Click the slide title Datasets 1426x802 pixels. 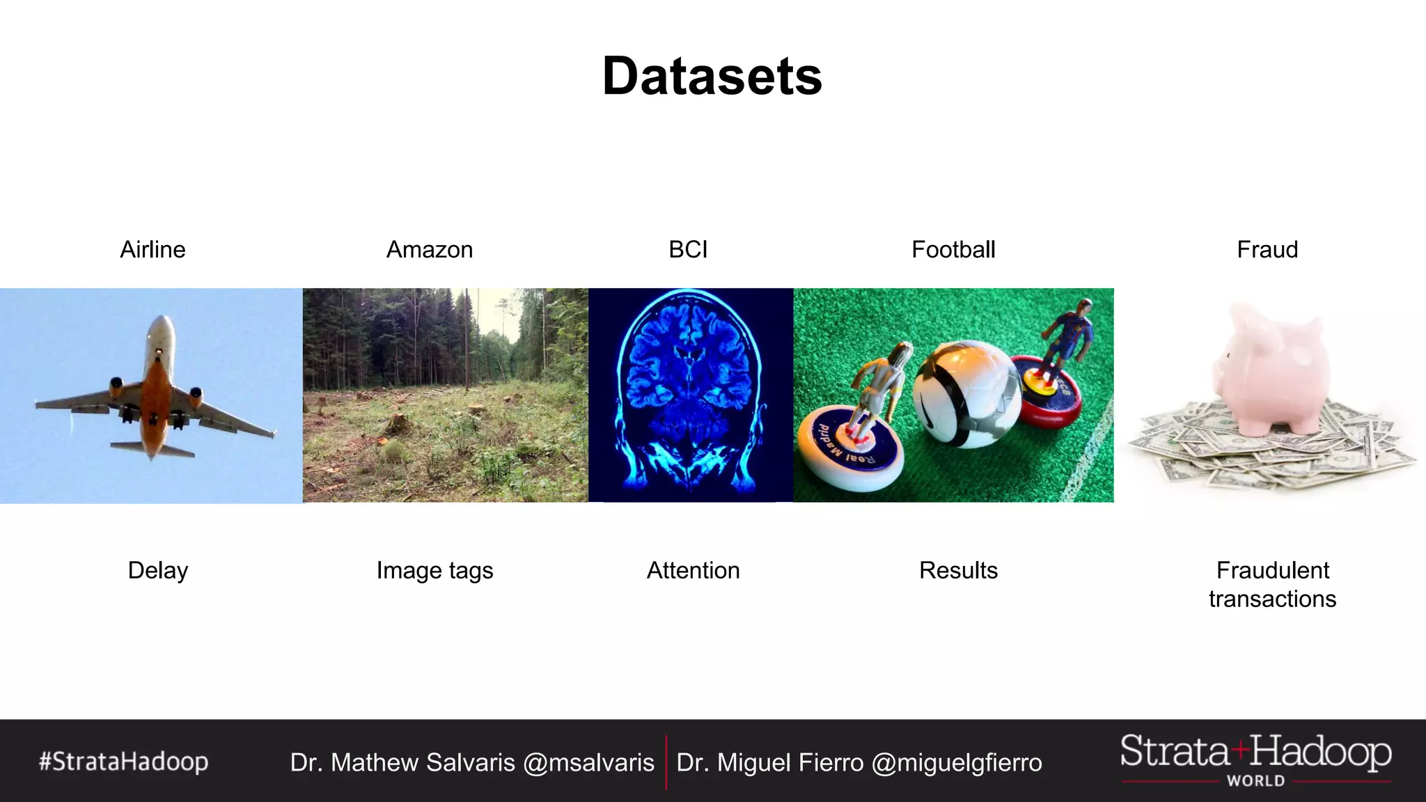pyautogui.click(x=712, y=76)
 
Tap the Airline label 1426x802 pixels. pyautogui.click(x=152, y=249)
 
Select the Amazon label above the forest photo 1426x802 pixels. pyautogui.click(x=430, y=249)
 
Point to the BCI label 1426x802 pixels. pyautogui.click(x=688, y=249)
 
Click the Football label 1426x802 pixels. pyautogui.click(x=953, y=249)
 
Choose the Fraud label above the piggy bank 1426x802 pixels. pyautogui.click(x=1267, y=249)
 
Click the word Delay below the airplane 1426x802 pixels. pyautogui.click(x=158, y=570)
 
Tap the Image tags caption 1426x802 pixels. pyautogui.click(x=434, y=570)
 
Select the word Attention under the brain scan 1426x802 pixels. pyautogui.click(x=693, y=570)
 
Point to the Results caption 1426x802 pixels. pyautogui.click(x=958, y=570)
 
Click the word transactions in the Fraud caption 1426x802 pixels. pyautogui.click(x=1272, y=599)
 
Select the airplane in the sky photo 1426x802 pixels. pyautogui.click(x=157, y=390)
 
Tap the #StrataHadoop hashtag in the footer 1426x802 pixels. pyautogui.click(x=123, y=762)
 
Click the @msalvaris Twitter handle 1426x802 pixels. pyautogui.click(x=588, y=763)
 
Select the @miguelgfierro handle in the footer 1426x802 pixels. pyautogui.click(x=957, y=763)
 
